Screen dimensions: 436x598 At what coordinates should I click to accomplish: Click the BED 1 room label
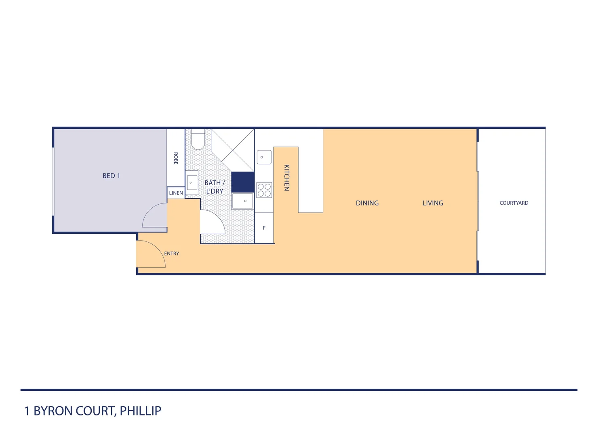tap(111, 176)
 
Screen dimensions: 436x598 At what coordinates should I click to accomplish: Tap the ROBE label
tap(176, 158)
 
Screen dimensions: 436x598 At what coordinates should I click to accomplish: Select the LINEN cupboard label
tap(176, 193)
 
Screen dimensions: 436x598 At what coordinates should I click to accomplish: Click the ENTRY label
tap(171, 254)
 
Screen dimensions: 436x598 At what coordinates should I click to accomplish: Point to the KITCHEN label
tap(286, 178)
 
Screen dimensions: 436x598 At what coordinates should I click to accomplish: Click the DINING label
tap(367, 203)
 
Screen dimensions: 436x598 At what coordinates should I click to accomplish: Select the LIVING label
tap(433, 203)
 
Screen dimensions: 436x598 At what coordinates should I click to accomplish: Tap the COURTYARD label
tap(514, 203)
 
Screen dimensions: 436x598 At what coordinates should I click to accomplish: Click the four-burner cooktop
tap(264, 190)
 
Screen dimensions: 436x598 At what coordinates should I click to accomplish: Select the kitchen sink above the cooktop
tap(264, 157)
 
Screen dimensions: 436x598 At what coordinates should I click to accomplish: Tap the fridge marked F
tap(264, 228)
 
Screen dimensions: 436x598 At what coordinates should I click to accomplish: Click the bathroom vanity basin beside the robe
tap(192, 183)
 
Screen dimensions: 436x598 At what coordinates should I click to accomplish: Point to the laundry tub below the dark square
tap(243, 201)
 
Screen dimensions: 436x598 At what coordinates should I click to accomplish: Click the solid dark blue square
tap(243, 182)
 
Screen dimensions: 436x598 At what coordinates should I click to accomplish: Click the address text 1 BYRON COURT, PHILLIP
tap(93, 411)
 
